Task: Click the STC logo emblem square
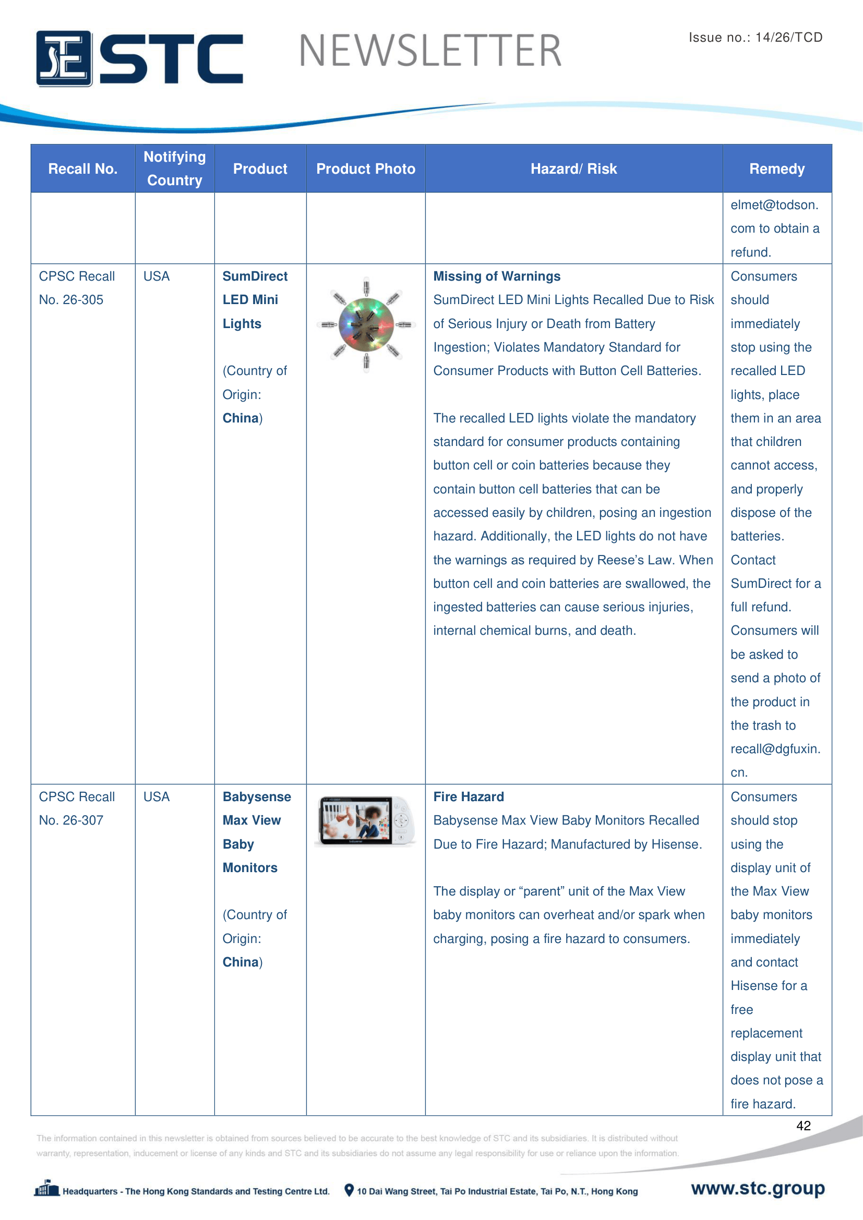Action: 64,58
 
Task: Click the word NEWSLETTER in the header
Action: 430,51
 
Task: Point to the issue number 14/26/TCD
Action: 788,37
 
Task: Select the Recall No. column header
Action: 82,169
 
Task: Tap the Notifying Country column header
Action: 174,168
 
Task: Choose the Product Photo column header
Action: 366,169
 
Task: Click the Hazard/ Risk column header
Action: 573,169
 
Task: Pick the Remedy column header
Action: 776,169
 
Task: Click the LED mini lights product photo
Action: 366,324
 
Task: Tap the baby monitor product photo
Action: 366,820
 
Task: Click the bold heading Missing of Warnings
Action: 496,276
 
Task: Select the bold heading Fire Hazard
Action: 468,796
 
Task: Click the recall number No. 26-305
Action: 71,300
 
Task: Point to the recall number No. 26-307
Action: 71,820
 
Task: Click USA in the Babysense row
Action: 156,796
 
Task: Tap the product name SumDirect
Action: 255,276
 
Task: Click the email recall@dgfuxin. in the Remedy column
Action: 775,748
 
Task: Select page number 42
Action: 803,1126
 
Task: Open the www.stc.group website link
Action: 757,1188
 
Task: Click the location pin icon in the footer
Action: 349,1190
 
